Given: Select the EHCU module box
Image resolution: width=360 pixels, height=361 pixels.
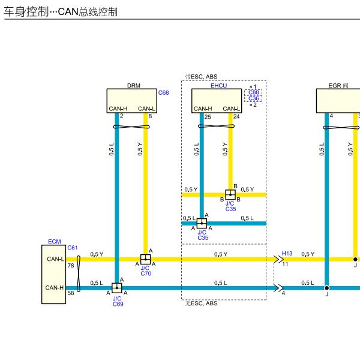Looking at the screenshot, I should (x=217, y=101).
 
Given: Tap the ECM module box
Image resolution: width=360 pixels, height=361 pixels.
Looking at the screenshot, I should (x=54, y=274).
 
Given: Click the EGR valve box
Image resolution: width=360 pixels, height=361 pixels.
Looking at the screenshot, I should (x=338, y=101).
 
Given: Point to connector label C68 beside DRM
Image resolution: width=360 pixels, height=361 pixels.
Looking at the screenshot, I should (x=163, y=93).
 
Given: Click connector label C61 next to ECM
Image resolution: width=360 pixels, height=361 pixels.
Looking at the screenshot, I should (x=73, y=248).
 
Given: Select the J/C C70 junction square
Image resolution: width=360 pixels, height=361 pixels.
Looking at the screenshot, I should (x=145, y=259).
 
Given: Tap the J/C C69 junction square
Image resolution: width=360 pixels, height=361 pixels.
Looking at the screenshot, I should (x=116, y=288).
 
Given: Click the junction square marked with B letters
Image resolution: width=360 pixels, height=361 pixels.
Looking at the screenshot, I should (x=230, y=194).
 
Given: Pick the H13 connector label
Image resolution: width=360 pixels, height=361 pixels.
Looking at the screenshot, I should (x=287, y=254).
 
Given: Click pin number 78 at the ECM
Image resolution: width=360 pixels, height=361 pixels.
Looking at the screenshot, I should (x=71, y=265).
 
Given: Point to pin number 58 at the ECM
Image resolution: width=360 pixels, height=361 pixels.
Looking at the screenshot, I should (x=71, y=293).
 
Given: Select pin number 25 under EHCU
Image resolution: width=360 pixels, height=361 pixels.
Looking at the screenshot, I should (x=208, y=116).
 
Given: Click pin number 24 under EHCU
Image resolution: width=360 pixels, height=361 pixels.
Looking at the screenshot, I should (x=236, y=116).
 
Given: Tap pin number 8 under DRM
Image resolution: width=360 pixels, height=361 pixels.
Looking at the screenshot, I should (x=150, y=116).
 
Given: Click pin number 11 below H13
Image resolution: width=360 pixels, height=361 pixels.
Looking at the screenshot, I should (x=285, y=264).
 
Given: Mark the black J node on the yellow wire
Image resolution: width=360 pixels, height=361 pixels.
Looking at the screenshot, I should (x=355, y=259).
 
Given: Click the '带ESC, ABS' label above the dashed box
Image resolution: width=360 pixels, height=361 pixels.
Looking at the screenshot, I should (x=202, y=77).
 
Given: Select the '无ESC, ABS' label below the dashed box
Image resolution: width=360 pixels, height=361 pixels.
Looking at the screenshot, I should (x=202, y=303).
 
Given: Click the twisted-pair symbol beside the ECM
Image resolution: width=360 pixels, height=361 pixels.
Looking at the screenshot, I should (x=78, y=273).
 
